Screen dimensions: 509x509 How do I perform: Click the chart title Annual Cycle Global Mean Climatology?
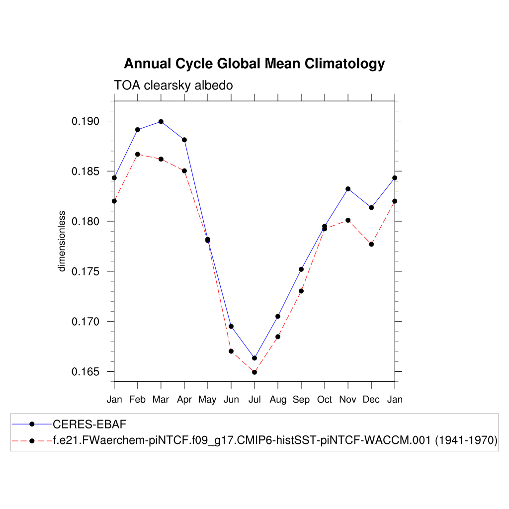point(254,64)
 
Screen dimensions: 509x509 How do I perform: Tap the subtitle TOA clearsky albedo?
point(173,85)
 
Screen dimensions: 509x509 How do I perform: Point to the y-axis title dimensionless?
point(62,241)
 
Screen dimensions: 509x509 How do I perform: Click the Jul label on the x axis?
point(254,400)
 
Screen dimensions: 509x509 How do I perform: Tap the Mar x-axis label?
point(161,400)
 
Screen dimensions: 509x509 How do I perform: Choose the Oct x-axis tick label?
point(325,400)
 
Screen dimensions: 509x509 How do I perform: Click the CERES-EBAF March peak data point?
point(161,121)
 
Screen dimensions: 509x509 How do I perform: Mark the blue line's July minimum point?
point(254,358)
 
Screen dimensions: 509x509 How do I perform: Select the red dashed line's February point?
point(138,154)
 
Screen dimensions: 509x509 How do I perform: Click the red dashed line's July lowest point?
point(254,372)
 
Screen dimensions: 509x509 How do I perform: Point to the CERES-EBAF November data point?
point(348,189)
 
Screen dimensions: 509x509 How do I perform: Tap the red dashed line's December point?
point(371,244)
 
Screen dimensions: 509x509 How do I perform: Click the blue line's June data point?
point(231,326)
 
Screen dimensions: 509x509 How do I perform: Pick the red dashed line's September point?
point(301,291)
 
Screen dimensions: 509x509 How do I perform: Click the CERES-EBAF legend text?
point(90,424)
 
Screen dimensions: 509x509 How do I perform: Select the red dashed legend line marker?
point(32,441)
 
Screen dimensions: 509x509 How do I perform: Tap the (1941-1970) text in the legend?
point(466,441)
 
